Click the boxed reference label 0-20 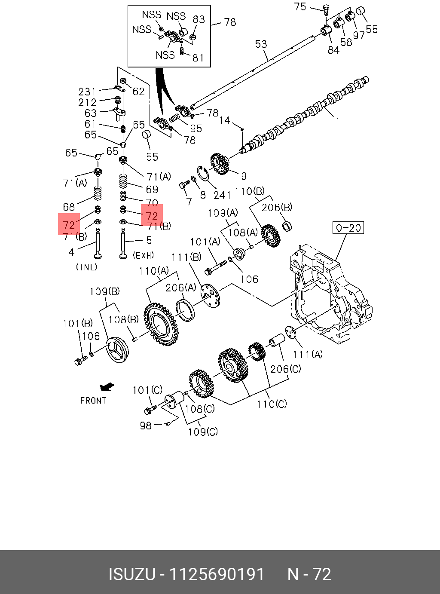[348, 227]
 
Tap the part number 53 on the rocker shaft [261, 44]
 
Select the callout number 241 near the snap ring [222, 195]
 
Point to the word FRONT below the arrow [93, 401]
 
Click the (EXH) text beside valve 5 [143, 255]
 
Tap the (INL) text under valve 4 [86, 267]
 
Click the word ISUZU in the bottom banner [131, 574]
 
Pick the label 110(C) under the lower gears [272, 404]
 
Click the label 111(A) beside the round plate [308, 354]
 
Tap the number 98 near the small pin [146, 426]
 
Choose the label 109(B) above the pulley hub [104, 291]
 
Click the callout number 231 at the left [87, 92]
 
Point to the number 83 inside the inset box [199, 19]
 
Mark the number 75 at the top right [300, 6]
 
